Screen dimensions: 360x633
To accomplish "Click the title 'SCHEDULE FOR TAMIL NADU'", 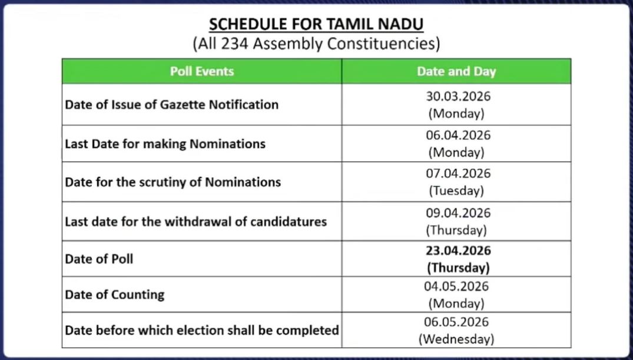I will [x=316, y=25].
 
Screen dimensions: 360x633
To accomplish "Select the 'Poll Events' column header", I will [x=202, y=71].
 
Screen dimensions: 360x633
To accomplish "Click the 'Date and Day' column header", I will [x=456, y=71].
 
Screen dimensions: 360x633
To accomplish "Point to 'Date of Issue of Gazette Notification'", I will [x=171, y=104].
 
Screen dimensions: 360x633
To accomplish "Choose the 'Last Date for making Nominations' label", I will [x=165, y=144].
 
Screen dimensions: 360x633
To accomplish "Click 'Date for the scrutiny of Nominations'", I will [x=173, y=182].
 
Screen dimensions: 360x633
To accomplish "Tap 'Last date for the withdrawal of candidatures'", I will [x=195, y=222].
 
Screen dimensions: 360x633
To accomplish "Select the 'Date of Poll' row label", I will [x=99, y=258].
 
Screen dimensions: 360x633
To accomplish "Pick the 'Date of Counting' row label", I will [x=114, y=294].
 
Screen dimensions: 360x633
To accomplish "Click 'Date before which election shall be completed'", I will [x=201, y=329].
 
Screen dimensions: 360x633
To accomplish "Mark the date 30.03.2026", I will [x=458, y=96].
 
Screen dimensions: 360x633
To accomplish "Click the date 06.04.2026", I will [x=458, y=135].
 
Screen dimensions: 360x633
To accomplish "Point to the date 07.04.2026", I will [x=458, y=174].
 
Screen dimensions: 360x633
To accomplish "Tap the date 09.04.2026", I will [x=458, y=213].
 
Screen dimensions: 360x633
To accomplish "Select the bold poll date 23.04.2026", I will [x=458, y=250].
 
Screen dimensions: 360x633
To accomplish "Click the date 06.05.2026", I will [x=456, y=322].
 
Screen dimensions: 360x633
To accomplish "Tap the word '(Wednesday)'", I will [x=456, y=339].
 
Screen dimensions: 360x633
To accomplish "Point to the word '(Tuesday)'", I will [x=456, y=191].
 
